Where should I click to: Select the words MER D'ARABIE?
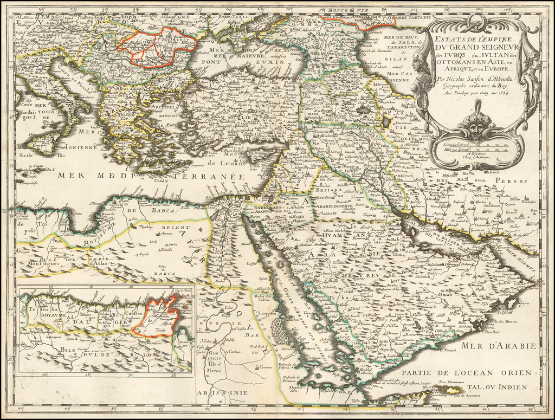coord(499,346)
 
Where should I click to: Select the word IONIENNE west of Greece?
coord(80,147)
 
